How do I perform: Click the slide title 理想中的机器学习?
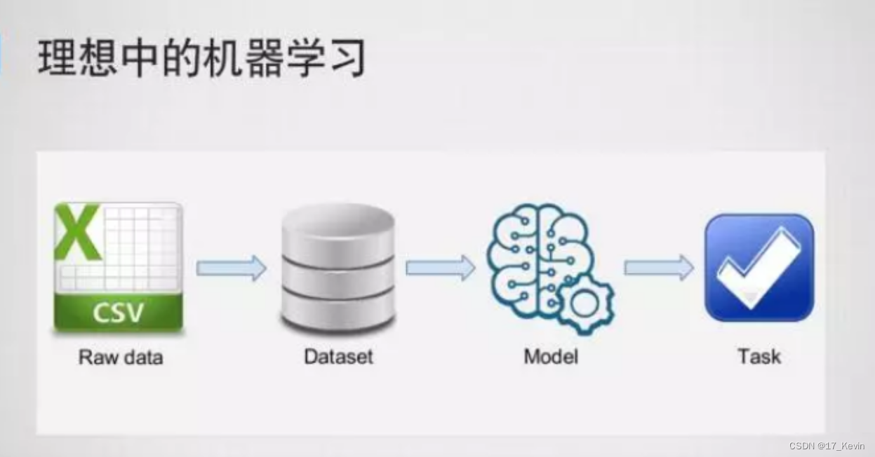(201, 57)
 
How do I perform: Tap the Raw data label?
(121, 357)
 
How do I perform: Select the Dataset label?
(338, 356)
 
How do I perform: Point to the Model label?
(551, 356)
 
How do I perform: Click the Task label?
(759, 356)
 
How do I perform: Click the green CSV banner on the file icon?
(118, 312)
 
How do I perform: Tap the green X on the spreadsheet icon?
(76, 231)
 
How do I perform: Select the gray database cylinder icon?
(338, 270)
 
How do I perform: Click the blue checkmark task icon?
(759, 268)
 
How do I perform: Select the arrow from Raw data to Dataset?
(231, 268)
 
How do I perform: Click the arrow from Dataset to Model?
(440, 268)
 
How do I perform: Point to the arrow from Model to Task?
(658, 268)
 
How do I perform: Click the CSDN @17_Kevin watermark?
(827, 446)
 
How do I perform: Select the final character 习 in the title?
(347, 57)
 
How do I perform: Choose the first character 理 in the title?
(57, 57)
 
